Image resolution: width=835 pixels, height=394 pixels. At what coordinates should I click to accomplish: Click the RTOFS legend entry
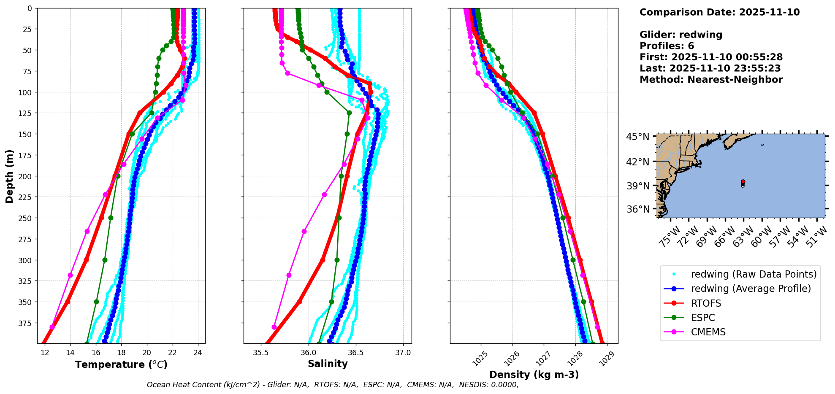(706, 303)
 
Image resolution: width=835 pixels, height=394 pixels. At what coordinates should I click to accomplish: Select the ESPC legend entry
(703, 318)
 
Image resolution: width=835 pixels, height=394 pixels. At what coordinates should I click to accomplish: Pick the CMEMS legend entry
(708, 332)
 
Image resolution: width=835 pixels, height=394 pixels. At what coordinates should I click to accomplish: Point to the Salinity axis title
(328, 364)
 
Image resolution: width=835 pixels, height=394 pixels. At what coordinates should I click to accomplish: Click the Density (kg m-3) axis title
(534, 375)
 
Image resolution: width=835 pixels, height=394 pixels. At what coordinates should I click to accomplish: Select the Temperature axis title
(121, 364)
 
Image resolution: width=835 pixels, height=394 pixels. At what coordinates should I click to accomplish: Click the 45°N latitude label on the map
(637, 137)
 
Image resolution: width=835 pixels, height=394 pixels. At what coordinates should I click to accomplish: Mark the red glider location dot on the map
(743, 182)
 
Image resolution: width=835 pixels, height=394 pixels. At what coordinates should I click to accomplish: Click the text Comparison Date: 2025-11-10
(719, 12)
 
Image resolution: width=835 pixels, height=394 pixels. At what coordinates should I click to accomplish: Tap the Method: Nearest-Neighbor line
(711, 80)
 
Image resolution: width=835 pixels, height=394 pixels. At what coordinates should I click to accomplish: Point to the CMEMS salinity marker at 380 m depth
(274, 327)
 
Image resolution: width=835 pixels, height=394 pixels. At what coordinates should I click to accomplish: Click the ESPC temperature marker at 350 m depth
(96, 302)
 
